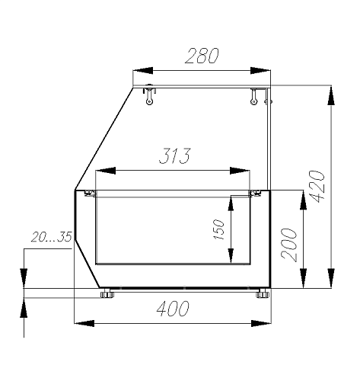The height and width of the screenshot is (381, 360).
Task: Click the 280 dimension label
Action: (202, 56)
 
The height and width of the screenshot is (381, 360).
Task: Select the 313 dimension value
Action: (174, 155)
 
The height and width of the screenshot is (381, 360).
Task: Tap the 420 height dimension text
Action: (317, 186)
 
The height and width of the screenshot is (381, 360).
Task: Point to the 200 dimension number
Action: (289, 245)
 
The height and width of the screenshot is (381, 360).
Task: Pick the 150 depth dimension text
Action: (218, 229)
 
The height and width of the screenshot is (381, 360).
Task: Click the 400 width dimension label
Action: (173, 309)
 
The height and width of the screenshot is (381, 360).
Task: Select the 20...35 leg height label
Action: (52, 237)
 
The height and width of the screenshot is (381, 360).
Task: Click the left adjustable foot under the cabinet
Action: (107, 293)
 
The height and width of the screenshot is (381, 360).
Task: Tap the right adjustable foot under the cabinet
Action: (263, 293)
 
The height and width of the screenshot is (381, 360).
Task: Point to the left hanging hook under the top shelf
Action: (149, 96)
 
